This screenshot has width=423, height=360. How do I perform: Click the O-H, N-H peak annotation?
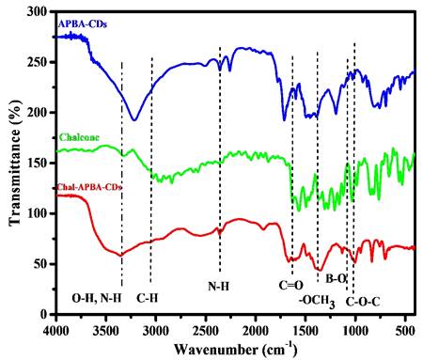pos(97,298)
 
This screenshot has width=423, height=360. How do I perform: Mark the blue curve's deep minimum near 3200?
pos(134,120)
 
